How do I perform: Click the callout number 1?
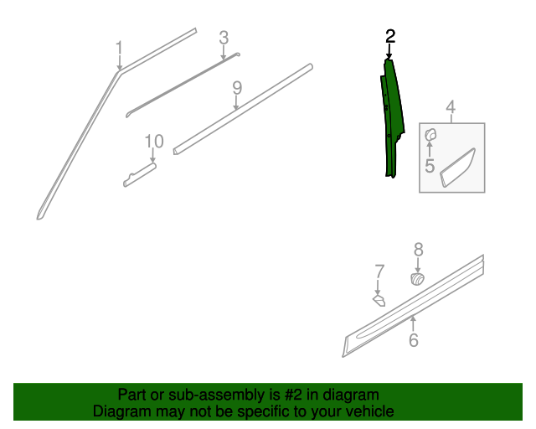coord(119,48)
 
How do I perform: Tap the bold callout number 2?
coord(390,37)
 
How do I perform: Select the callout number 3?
coord(224,38)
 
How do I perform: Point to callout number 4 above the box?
coord(451,107)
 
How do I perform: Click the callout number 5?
coord(430,166)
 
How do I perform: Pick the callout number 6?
coord(414,339)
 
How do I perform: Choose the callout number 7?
coord(379,271)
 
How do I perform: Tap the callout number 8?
coord(419,250)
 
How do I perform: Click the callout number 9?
coord(237,88)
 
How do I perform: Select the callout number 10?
coord(154,142)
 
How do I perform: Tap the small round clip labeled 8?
coord(418,279)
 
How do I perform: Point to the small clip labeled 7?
coord(379,301)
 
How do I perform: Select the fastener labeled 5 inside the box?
coord(430,135)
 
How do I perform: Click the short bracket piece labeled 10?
coord(140,175)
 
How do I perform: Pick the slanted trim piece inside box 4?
coord(457,168)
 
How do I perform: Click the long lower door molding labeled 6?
coord(413,306)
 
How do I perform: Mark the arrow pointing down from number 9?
coord(236,102)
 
